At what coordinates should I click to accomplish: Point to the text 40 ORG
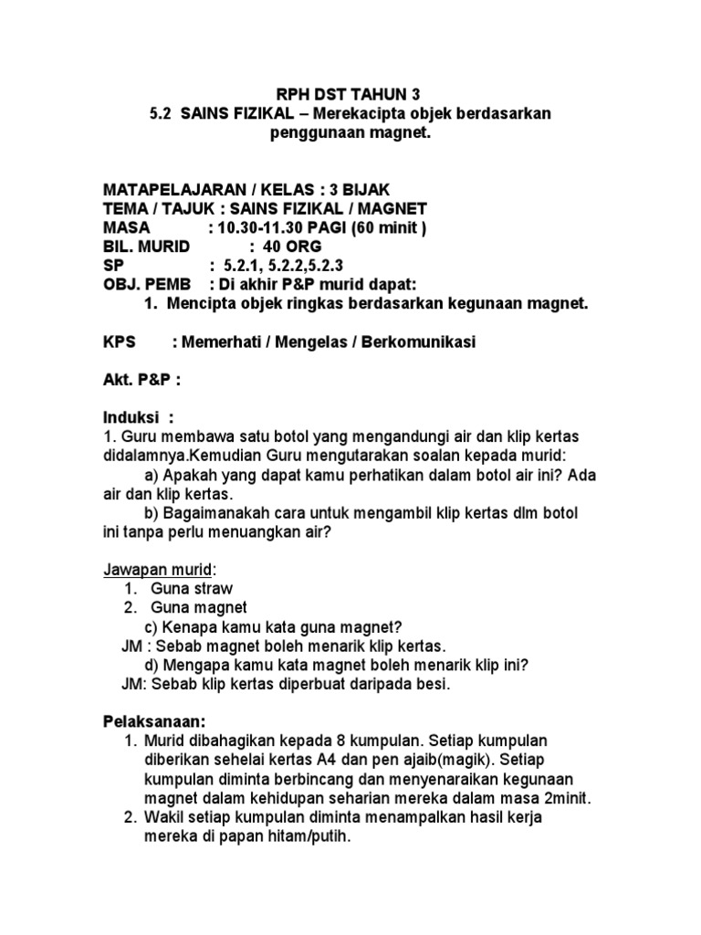[x=292, y=247]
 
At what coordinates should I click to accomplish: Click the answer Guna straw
[x=192, y=588]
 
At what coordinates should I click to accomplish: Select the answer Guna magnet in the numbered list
[x=199, y=607]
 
